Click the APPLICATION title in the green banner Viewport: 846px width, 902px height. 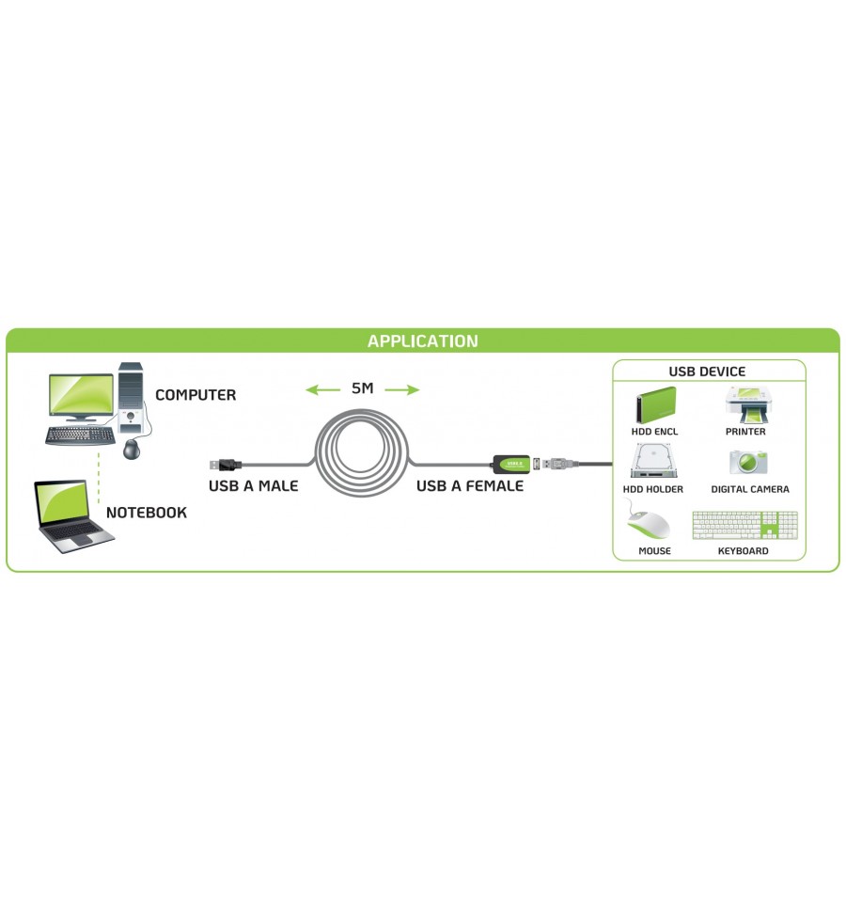point(422,341)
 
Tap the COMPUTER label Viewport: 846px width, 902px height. point(196,395)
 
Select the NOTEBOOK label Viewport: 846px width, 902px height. point(147,513)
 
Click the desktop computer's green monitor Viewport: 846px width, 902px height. point(81,396)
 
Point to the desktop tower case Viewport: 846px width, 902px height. point(131,398)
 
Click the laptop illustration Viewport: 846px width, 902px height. point(73,516)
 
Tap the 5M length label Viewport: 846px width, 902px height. point(363,388)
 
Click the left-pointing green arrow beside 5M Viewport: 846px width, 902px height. point(322,390)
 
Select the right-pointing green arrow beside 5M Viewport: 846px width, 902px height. point(402,390)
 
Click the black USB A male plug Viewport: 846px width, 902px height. point(225,465)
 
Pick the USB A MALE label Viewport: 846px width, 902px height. point(254,486)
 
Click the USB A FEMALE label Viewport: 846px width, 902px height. point(470,486)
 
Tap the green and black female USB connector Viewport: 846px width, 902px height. point(511,464)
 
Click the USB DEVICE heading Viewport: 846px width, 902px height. point(707,372)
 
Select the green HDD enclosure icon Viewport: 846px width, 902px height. point(655,405)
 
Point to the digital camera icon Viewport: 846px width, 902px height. point(748,462)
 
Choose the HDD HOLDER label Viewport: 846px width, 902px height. point(653,489)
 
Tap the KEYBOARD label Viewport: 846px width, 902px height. point(744,551)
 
